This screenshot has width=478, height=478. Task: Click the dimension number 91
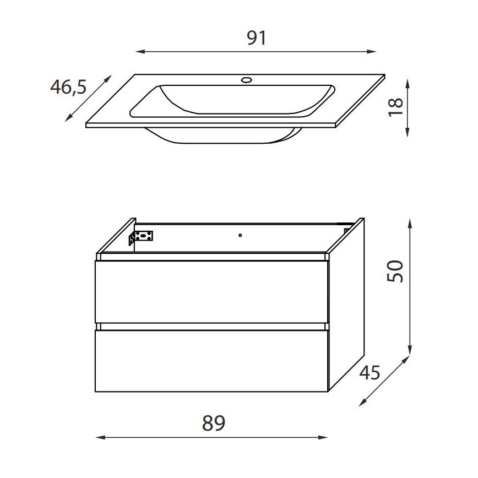(256, 37)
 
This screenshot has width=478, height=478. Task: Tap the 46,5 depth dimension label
(68, 87)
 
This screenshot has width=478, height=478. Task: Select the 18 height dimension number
(395, 106)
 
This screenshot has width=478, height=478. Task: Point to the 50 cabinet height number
(395, 271)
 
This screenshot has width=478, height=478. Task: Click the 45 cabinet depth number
(370, 373)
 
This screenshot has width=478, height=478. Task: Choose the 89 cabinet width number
(214, 423)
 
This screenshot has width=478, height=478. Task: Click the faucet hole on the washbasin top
(246, 80)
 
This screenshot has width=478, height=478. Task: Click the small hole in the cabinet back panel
(240, 236)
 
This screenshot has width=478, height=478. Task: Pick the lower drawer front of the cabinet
(212, 361)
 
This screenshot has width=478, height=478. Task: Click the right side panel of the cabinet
(346, 303)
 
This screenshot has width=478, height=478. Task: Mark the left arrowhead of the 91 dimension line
(138, 52)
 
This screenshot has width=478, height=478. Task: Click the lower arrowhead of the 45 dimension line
(361, 403)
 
